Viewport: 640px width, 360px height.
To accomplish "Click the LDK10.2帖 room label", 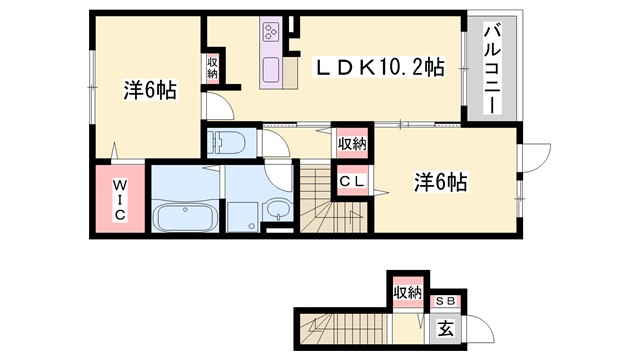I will [379, 67].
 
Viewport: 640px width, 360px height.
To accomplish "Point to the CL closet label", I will [351, 182].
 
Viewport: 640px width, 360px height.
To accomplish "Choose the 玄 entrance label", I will [444, 327].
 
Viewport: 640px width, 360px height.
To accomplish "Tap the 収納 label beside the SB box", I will [406, 293].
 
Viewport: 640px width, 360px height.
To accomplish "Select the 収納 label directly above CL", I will [351, 145].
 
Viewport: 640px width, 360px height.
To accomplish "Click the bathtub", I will [185, 216].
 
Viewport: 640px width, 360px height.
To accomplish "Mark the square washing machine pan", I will [243, 215].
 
